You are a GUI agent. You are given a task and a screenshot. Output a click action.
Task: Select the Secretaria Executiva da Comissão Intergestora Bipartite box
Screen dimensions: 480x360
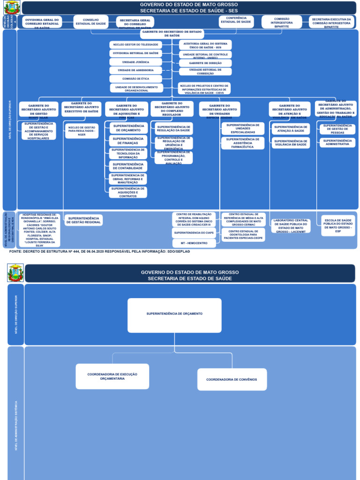pos(331,22)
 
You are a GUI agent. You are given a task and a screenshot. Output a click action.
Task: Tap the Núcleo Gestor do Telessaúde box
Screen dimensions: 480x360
pos(135,45)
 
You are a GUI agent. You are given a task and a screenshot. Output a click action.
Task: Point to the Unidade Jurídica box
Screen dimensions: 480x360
pos(135,62)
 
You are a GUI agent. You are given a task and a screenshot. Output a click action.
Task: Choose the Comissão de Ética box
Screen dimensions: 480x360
pos(135,79)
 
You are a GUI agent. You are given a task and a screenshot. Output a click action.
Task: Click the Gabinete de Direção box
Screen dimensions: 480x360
pos(205,63)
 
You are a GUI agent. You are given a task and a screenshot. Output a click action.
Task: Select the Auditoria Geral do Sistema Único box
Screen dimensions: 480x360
pos(205,45)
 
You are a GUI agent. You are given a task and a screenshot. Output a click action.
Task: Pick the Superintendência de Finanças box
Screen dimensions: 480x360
pos(128,141)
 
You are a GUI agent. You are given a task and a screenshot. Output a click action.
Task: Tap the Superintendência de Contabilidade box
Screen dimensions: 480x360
pos(128,166)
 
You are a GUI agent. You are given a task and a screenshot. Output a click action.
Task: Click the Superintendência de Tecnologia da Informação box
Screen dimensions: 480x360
pos(128,153)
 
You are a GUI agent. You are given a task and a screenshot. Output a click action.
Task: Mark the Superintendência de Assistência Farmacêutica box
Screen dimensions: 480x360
pos(242,143)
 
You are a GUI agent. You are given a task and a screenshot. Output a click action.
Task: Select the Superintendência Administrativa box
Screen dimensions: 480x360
pos(337,142)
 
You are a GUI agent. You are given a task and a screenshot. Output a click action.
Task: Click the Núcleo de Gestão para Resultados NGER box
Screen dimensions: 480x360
pos(82,131)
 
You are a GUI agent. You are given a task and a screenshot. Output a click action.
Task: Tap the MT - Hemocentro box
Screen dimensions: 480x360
pos(194,243)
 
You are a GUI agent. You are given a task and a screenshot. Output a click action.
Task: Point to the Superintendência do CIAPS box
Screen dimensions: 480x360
pos(194,232)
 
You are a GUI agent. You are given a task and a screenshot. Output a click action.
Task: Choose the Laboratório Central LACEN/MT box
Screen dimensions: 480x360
pos(291,226)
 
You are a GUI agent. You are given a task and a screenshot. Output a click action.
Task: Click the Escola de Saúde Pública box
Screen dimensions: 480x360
pos(338,225)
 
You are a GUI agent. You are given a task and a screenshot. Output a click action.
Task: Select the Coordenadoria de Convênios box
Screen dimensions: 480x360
pos(232,379)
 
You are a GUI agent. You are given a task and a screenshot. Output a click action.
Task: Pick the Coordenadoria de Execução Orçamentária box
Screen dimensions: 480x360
pos(112,376)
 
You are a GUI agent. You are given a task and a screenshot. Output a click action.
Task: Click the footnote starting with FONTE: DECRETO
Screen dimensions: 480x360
pos(99,252)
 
